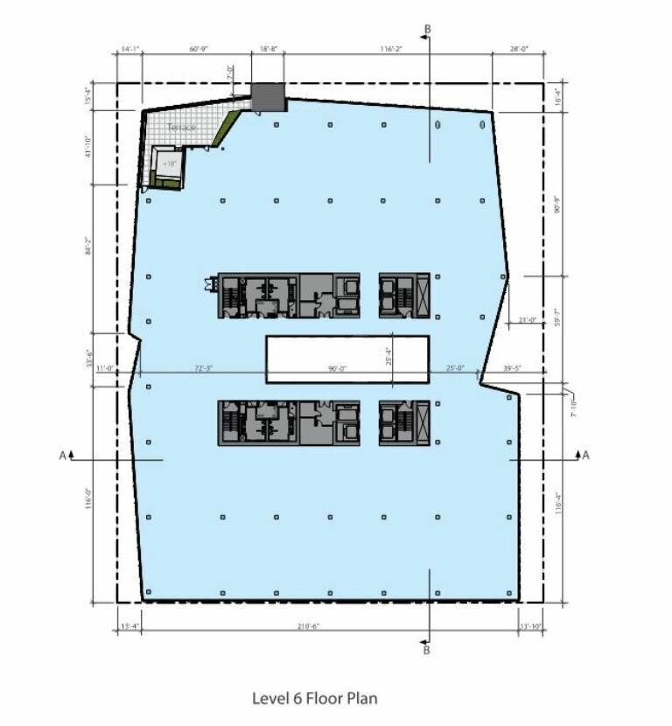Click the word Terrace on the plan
183,128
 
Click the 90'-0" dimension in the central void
337,369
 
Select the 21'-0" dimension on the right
527,319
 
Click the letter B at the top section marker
428,30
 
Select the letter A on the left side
60,456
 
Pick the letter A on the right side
585,456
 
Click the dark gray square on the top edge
269,98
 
